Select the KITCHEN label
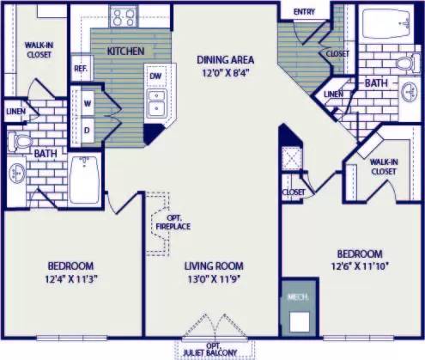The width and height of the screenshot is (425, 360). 124,52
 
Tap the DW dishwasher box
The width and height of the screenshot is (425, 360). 155,76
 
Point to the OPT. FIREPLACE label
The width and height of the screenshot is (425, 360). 179,222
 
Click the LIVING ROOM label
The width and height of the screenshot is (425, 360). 214,265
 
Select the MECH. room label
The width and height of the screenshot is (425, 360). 298,296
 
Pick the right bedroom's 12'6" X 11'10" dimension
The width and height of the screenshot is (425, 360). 359,267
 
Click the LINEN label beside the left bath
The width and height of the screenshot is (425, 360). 15,112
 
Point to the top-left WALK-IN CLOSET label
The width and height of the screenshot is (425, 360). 37,48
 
